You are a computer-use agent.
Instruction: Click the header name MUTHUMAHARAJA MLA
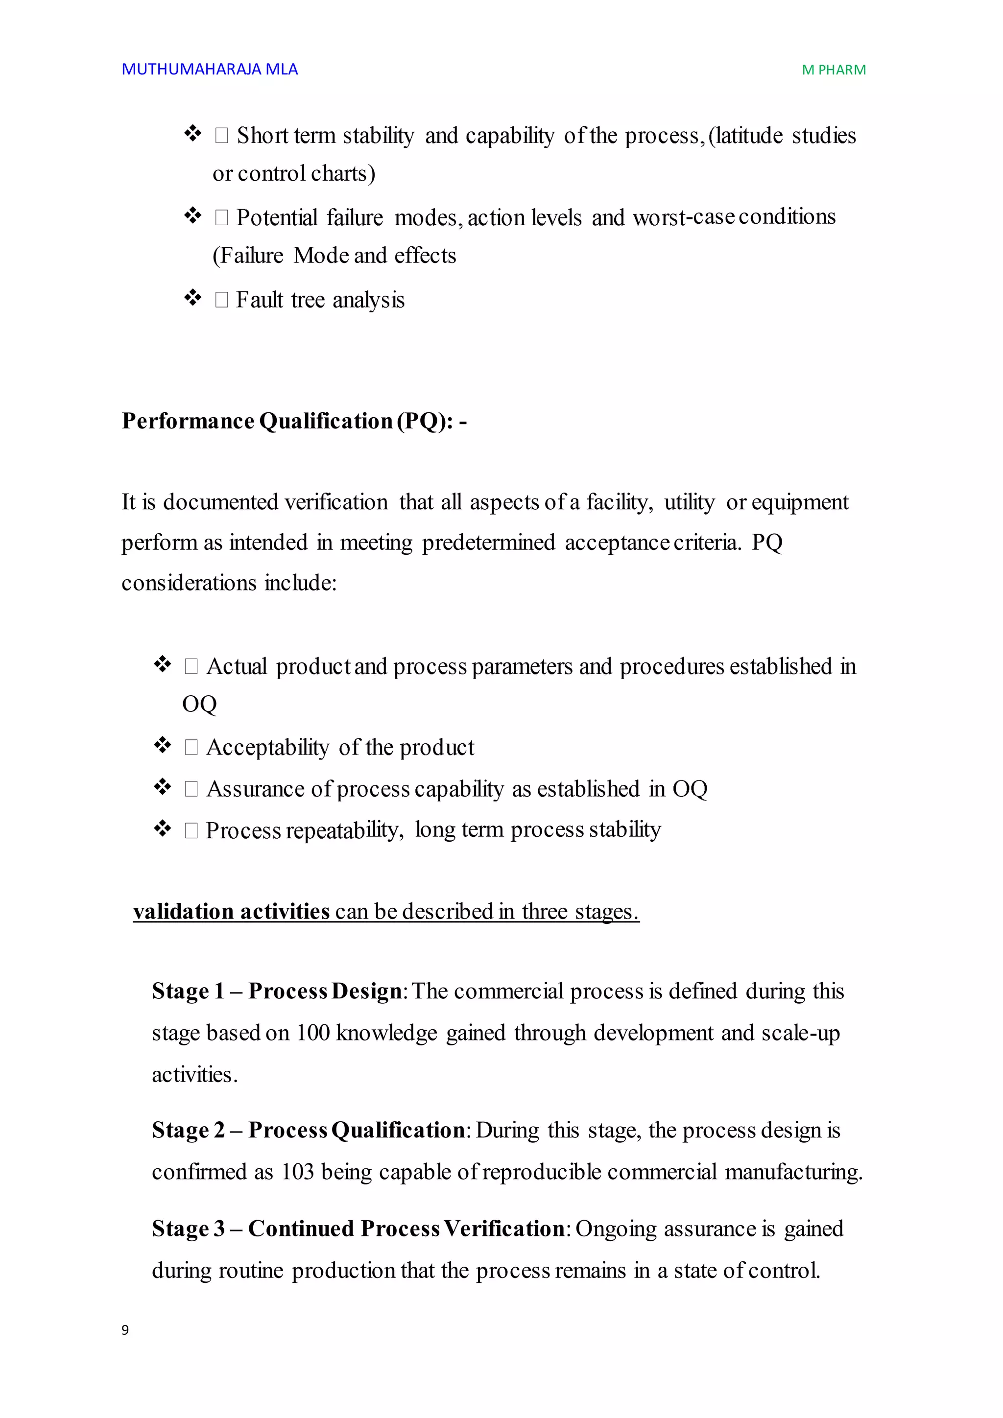pyautogui.click(x=210, y=69)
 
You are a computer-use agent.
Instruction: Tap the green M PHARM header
pyautogui.click(x=833, y=71)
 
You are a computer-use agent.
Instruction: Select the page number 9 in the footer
pyautogui.click(x=125, y=1330)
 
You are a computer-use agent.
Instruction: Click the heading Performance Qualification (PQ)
pyautogui.click(x=293, y=421)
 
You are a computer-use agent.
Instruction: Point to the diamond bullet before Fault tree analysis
pyautogui.click(x=192, y=298)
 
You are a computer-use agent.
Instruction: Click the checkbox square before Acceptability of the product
pyautogui.click(x=191, y=748)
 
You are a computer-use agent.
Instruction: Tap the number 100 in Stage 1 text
pyautogui.click(x=312, y=1033)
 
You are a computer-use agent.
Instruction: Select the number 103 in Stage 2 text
pyautogui.click(x=298, y=1172)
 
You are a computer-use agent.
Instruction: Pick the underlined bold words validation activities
pyautogui.click(x=231, y=912)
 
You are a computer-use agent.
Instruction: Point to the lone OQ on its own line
pyautogui.click(x=199, y=704)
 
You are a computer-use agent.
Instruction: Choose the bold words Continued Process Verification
pyautogui.click(x=406, y=1229)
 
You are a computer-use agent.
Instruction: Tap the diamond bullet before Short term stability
pyautogui.click(x=192, y=133)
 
